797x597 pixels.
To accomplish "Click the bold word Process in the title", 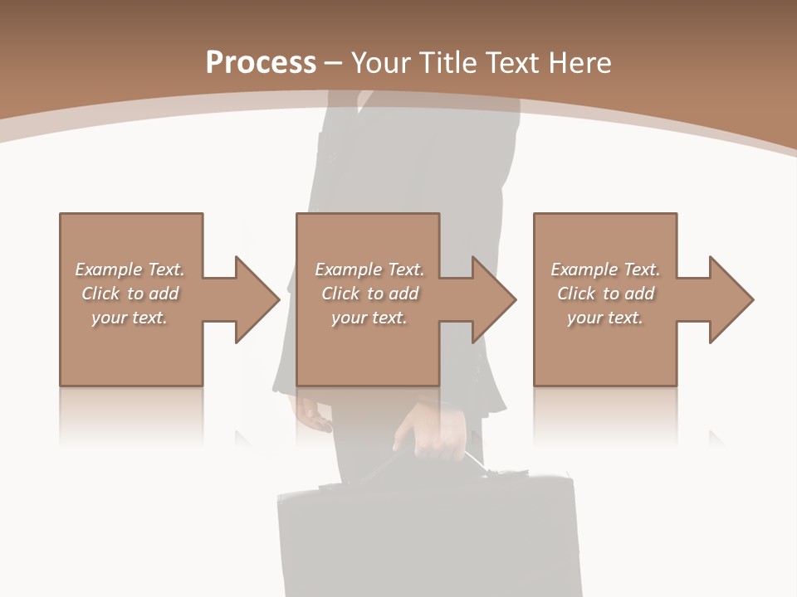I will (x=261, y=63).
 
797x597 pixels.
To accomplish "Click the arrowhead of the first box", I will (x=257, y=299).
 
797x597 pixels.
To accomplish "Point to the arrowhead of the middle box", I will (x=493, y=299).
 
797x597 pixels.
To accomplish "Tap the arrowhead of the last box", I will (x=731, y=299).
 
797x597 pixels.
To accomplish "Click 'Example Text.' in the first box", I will (x=130, y=269).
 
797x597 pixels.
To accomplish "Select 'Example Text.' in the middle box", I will (x=369, y=269).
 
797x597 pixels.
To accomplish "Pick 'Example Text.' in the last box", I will (x=605, y=269).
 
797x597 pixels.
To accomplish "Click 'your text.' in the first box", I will (x=130, y=318).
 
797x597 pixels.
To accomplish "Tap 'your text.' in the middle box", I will (x=369, y=318).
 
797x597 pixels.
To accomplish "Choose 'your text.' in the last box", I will (x=605, y=318).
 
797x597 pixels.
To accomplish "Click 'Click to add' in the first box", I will (x=130, y=294).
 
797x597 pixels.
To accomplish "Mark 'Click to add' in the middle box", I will (x=369, y=294).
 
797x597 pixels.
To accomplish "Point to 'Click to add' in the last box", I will (x=605, y=294).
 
